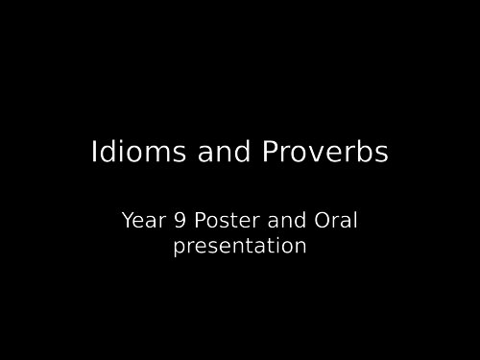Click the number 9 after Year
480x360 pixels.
(x=180, y=221)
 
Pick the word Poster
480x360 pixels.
(x=222, y=221)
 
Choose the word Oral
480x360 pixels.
(x=336, y=221)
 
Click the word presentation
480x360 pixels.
(x=240, y=247)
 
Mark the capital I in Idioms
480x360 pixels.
(x=94, y=153)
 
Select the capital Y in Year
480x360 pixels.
(x=128, y=221)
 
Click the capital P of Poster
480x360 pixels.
(x=200, y=221)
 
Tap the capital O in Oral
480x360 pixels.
(x=324, y=221)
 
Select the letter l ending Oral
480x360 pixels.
(x=355, y=221)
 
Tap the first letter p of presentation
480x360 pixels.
(x=179, y=249)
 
